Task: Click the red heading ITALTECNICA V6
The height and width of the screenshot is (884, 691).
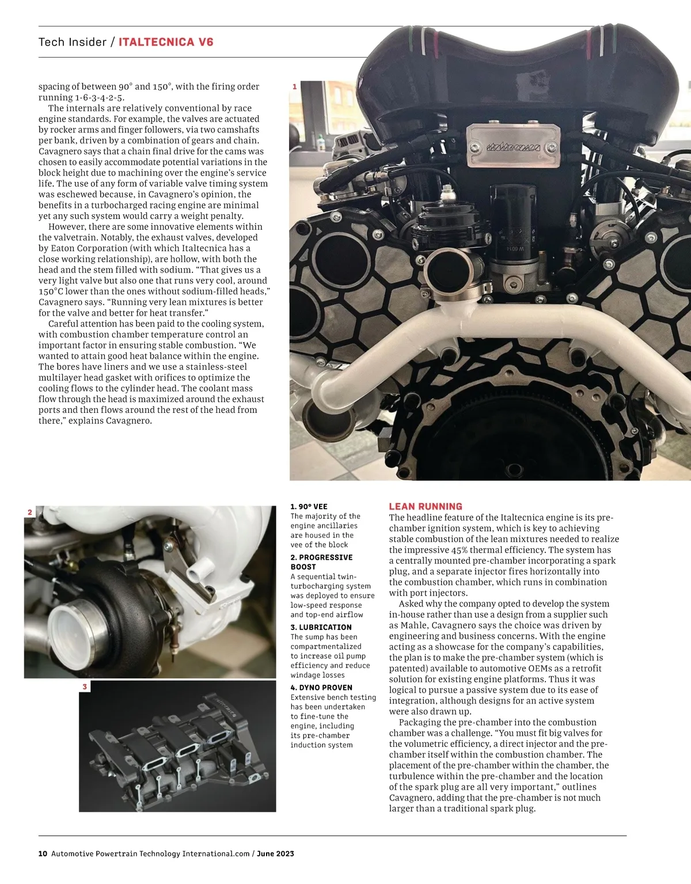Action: (166, 42)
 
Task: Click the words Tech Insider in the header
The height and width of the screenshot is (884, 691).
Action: (73, 42)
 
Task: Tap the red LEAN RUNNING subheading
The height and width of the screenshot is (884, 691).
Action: (426, 507)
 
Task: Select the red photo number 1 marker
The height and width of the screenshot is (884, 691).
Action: (295, 86)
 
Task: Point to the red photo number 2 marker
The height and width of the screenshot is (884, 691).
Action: (30, 512)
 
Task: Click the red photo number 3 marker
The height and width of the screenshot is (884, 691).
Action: (85, 686)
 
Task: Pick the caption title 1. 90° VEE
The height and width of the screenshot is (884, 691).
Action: (309, 507)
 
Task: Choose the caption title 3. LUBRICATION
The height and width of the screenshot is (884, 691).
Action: (321, 627)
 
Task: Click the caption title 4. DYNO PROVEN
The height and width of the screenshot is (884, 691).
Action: (321, 688)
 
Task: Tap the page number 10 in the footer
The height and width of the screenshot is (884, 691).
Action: (43, 853)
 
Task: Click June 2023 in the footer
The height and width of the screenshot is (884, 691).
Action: (275, 853)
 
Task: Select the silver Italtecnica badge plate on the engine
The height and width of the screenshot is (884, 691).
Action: (514, 146)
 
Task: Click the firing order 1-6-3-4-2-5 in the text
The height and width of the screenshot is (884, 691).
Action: (99, 97)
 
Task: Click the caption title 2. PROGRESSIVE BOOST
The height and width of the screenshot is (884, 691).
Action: (321, 562)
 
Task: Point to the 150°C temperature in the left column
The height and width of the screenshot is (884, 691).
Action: (52, 291)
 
